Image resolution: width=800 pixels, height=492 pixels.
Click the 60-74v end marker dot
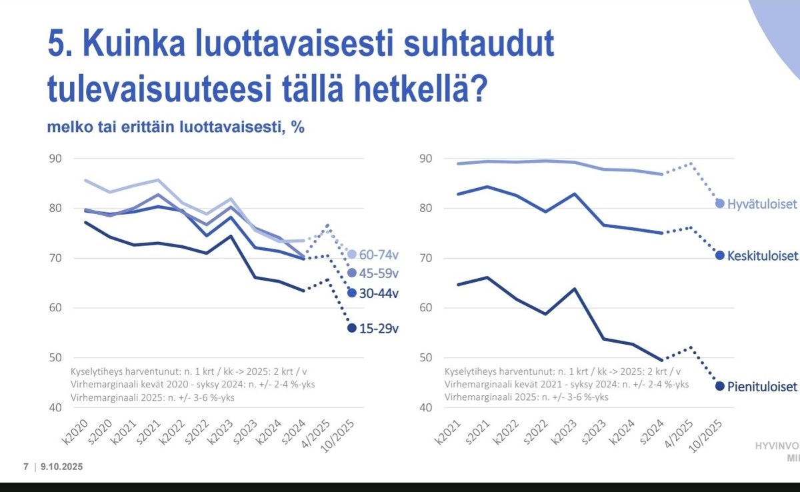click(x=351, y=254)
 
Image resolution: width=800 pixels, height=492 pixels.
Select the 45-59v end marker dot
click(x=351, y=273)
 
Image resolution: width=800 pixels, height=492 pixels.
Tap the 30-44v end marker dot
click(x=351, y=293)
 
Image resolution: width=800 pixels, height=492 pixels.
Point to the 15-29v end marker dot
click(x=351, y=327)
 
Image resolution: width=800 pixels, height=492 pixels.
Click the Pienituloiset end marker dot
click(x=719, y=385)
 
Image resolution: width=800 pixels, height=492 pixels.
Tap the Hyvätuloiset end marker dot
click(x=720, y=203)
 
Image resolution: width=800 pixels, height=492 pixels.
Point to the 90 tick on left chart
click(x=54, y=159)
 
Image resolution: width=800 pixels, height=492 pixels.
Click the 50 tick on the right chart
click(x=426, y=358)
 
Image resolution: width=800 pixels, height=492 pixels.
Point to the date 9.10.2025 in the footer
click(x=62, y=467)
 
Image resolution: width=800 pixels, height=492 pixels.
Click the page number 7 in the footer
click(x=26, y=467)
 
